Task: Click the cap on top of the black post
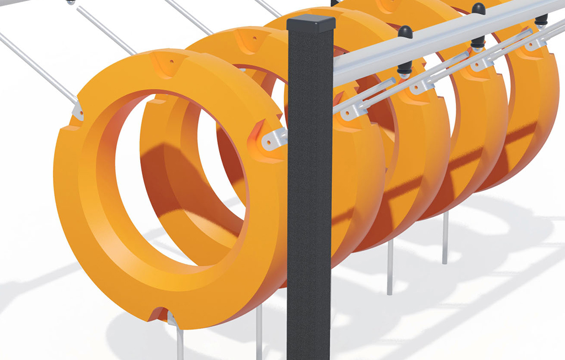(x=311, y=23)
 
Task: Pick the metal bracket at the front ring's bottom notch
(x=172, y=319)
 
